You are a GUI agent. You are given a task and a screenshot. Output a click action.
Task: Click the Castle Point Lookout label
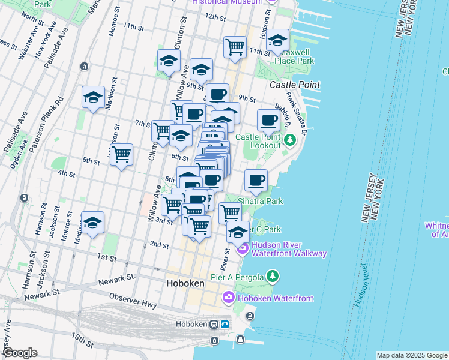pyautogui.click(x=258, y=141)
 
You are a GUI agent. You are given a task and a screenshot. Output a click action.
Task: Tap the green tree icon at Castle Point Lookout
pyautogui.click(x=290, y=140)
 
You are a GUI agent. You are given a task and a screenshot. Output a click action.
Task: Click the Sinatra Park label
pyautogui.click(x=260, y=201)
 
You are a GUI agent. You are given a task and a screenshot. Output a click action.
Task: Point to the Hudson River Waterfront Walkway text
pyautogui.click(x=289, y=249)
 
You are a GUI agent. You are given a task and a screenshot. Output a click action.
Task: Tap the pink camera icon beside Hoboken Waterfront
pyautogui.click(x=228, y=297)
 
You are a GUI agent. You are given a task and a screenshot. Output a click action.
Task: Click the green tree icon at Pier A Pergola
pyautogui.click(x=273, y=275)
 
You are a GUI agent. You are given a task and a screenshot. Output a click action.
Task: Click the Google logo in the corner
pyautogui.click(x=20, y=353)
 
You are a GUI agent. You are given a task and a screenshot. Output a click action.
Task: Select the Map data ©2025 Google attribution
pyautogui.click(x=411, y=355)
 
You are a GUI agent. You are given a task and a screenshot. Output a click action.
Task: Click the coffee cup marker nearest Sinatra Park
pyautogui.click(x=256, y=179)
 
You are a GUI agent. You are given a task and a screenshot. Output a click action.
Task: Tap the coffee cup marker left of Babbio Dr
pyautogui.click(x=268, y=120)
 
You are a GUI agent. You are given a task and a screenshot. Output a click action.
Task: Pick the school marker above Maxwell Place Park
pyautogui.click(x=277, y=40)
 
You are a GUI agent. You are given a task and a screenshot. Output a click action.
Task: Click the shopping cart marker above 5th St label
pyautogui.click(x=122, y=154)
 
